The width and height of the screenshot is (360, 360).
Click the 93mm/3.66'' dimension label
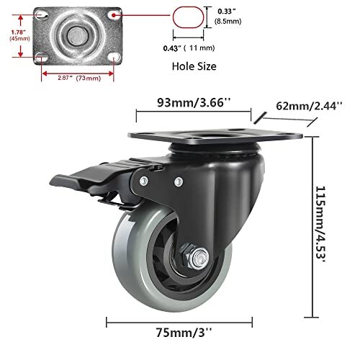click(194, 102)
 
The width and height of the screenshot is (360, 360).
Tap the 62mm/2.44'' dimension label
click(309, 106)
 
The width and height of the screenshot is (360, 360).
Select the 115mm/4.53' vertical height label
click(320, 224)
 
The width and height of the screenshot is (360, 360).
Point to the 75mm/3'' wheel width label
click(184, 333)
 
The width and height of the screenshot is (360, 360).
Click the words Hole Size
click(194, 66)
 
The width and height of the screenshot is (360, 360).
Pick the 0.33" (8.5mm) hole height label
click(228, 17)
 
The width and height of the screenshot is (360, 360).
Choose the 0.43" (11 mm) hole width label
click(189, 48)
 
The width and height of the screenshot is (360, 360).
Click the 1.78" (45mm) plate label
click(19, 35)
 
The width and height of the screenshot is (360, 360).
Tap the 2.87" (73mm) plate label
click(79, 78)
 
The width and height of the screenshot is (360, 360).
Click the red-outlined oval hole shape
click(189, 17)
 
